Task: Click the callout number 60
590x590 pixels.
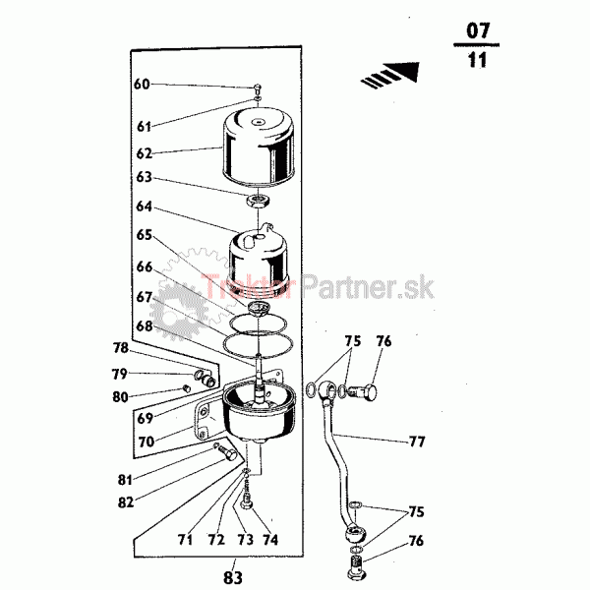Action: pyautogui.click(x=142, y=84)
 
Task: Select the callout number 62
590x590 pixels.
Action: pyautogui.click(x=145, y=153)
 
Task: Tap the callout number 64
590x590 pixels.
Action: pyautogui.click(x=145, y=206)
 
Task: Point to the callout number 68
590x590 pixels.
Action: pyautogui.click(x=145, y=325)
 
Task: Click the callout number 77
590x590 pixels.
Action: pyautogui.click(x=417, y=442)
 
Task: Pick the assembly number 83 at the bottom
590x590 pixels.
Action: pyautogui.click(x=233, y=577)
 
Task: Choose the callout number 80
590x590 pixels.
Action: pyautogui.click(x=120, y=397)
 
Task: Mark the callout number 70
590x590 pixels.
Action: pyautogui.click(x=147, y=442)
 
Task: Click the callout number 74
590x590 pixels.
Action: pyautogui.click(x=270, y=540)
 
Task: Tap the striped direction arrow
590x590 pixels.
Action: pyautogui.click(x=391, y=75)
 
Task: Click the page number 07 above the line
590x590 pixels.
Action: pyautogui.click(x=478, y=30)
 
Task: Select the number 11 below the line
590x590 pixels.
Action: pyautogui.click(x=477, y=60)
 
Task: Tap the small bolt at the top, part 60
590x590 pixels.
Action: pyautogui.click(x=258, y=89)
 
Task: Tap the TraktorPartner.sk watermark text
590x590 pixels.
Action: pyautogui.click(x=318, y=288)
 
